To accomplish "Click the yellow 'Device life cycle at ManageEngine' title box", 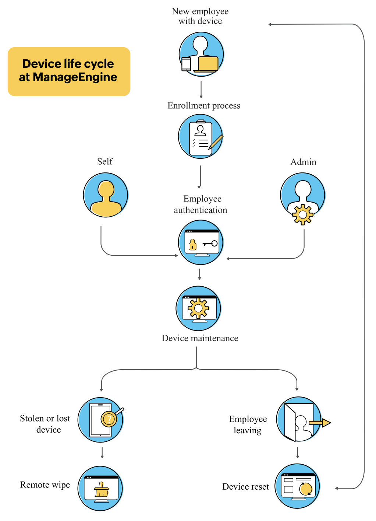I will tap(69, 71).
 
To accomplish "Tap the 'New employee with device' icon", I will tap(201, 54).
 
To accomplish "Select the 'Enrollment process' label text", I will tap(204, 106).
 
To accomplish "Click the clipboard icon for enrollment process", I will tap(201, 137).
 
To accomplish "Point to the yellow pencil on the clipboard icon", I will tap(216, 142).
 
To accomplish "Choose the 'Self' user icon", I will tap(106, 195).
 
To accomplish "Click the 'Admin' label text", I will tap(303, 162).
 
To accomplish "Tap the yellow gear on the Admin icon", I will tap(302, 214).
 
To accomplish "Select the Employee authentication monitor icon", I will tap(201, 242).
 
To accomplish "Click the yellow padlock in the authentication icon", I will tap(192, 245).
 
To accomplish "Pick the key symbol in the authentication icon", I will tap(210, 244).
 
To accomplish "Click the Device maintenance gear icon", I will tap(199, 308).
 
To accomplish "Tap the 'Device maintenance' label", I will tap(200, 338).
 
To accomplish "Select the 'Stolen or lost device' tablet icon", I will tap(100, 420).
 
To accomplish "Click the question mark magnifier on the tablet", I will tap(109, 419).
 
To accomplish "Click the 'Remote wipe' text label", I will tap(45, 485).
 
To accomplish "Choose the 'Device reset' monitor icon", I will tap(298, 486).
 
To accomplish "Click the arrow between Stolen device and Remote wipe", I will tap(102, 453).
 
